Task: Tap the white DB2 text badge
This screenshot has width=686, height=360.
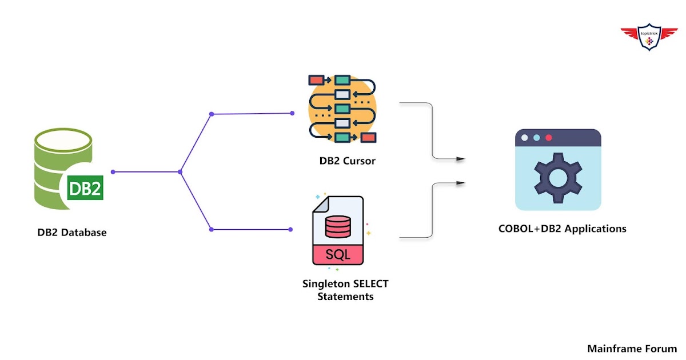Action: [x=85, y=189]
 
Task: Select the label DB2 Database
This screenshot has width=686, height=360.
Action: [x=72, y=233]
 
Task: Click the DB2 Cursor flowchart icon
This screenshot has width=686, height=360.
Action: [x=342, y=108]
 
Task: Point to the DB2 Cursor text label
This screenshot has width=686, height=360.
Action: [x=348, y=161]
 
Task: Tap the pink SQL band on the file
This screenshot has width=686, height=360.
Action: [x=338, y=254]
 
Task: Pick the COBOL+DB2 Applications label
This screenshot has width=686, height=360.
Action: [x=563, y=229]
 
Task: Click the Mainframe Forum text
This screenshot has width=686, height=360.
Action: [x=632, y=348]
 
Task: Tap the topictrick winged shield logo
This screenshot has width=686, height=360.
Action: [x=648, y=37]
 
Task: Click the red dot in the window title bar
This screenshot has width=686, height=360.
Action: [x=549, y=138]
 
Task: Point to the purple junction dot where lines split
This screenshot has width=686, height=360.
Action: [x=181, y=171]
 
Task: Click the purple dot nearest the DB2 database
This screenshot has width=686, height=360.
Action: [x=113, y=171]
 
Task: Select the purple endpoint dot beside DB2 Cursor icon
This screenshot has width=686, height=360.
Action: [x=292, y=113]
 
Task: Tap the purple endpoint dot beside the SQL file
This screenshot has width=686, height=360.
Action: [x=291, y=230]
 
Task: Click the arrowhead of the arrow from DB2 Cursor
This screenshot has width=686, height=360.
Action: [x=461, y=158]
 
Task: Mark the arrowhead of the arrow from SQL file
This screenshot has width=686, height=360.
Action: [x=461, y=183]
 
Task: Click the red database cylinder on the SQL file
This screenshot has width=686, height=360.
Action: [x=337, y=226]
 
